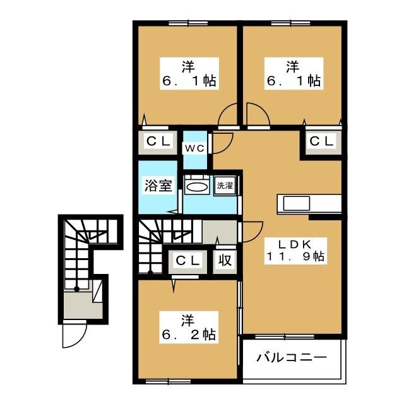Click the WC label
193,148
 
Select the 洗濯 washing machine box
224,186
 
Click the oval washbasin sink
198,187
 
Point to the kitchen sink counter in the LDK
309,204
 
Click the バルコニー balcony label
292,358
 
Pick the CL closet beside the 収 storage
187,259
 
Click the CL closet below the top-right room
321,141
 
